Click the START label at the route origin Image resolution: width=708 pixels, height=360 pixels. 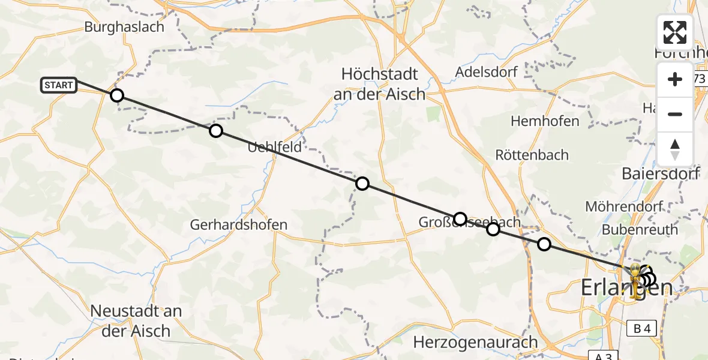coord(59,85)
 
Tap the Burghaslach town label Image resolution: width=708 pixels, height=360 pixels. coord(124,27)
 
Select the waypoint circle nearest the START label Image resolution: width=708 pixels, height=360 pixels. coord(117,95)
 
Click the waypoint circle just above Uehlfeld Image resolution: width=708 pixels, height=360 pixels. coord(215,131)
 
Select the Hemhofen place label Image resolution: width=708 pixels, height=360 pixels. coord(545,121)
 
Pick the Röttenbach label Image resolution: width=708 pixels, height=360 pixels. coord(532,155)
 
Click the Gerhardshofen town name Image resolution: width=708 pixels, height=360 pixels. coord(239,225)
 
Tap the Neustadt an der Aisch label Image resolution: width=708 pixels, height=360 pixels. coord(136,321)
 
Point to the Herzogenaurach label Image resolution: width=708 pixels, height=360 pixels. coord(476,343)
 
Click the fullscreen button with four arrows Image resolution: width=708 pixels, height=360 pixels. coord(675,32)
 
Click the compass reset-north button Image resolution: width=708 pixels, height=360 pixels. coord(675,149)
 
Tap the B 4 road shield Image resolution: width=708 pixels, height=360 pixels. coord(641,328)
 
